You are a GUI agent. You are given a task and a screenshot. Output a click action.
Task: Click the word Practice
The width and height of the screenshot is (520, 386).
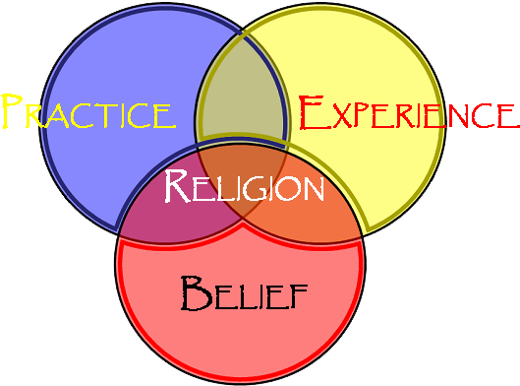coord(87,113)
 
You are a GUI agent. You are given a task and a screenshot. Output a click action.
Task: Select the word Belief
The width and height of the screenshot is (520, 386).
coord(245,292)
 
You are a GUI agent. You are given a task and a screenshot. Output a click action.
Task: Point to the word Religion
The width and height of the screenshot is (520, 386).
coord(244,186)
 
